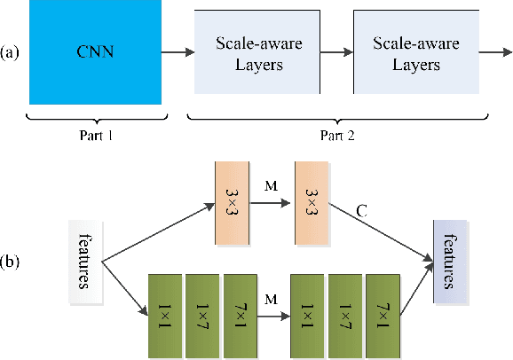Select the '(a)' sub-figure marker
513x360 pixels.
point(12,52)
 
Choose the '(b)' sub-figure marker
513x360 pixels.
point(12,263)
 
